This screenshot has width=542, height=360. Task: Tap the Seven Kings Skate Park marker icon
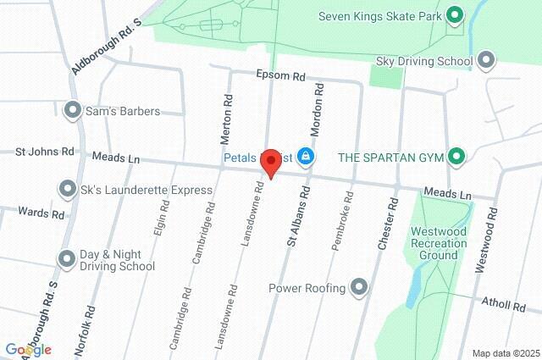point(455,14)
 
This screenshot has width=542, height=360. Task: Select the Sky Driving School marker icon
point(486,60)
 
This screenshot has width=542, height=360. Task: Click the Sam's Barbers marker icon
point(72,110)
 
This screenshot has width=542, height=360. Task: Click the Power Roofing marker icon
point(359,288)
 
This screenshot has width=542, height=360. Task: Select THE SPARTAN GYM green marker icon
point(456,157)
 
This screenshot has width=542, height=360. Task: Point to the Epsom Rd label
point(280,75)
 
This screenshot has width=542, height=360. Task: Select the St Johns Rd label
point(45,152)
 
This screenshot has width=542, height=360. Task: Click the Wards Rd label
point(41,214)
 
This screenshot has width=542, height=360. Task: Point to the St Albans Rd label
point(293,223)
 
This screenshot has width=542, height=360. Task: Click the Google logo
point(28,350)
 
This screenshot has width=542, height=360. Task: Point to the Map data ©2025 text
point(505,353)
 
